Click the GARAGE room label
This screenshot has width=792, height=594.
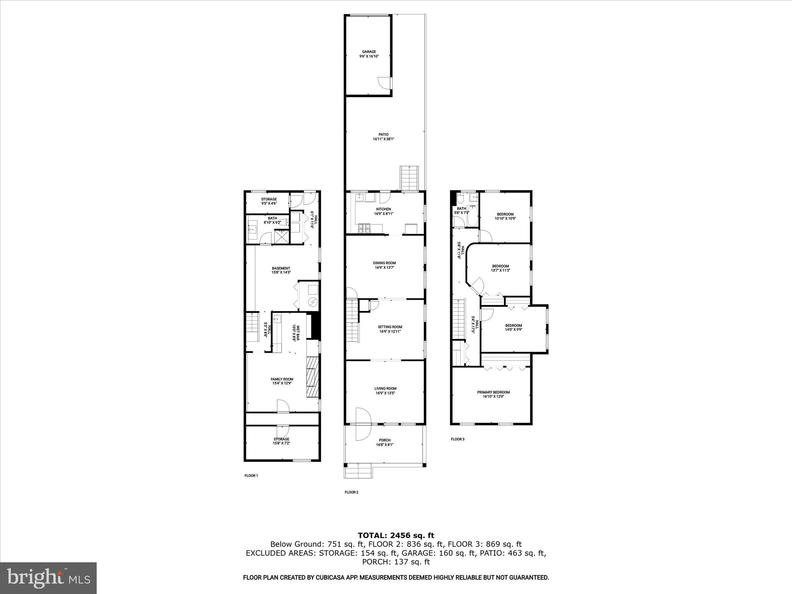[369, 52]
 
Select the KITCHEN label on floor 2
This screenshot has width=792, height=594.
[383, 209]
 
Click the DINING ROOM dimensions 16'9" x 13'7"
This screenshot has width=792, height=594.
[384, 268]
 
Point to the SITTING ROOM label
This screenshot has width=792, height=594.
[390, 327]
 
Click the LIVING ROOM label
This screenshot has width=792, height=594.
[385, 389]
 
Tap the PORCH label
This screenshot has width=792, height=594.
[384, 440]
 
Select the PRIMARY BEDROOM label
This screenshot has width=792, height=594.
[493, 392]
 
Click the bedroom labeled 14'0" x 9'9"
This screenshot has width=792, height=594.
[513, 328]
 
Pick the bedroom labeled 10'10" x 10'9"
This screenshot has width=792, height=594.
[505, 216]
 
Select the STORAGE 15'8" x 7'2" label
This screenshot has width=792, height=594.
[281, 441]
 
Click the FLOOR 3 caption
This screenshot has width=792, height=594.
[457, 439]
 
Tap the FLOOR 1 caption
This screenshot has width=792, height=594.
[251, 476]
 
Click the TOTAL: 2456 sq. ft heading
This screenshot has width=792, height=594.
[396, 536]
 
